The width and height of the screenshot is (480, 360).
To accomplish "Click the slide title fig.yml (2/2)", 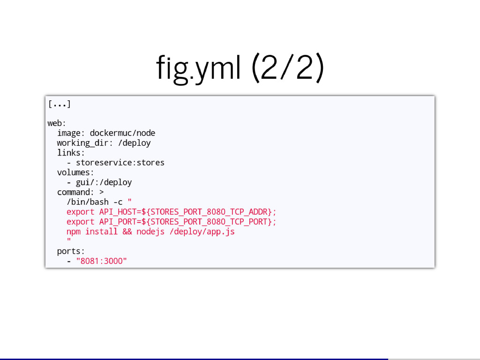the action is [240, 69].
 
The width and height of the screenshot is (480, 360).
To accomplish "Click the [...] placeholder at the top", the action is [59, 104].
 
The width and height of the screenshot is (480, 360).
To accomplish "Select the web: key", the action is [57, 123].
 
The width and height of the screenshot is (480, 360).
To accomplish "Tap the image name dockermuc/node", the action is [122, 133].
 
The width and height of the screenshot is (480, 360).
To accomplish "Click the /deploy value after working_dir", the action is [135, 143].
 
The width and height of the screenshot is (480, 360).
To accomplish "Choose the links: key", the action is [71, 153].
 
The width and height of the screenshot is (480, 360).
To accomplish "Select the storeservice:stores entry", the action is [120, 163].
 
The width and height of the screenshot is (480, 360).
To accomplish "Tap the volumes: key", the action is [75, 172].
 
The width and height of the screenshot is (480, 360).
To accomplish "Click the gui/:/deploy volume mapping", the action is [104, 182].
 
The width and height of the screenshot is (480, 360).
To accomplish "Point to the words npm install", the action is [92, 232].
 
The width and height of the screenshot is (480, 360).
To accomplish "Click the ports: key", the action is [71, 251].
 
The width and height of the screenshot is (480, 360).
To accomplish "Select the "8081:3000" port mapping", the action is [101, 261].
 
